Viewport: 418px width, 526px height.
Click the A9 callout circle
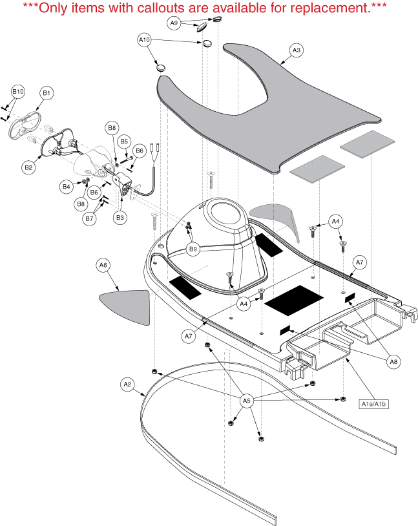pos(174,23)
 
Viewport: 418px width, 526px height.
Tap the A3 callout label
pos(296,50)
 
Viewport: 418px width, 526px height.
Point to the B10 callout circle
pos(18,92)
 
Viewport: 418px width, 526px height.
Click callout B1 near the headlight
pos(47,93)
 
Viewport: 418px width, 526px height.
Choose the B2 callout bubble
pos(28,167)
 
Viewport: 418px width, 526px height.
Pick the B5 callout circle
pos(125,141)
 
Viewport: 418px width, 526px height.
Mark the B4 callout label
pos(66,187)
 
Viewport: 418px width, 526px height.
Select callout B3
pos(120,218)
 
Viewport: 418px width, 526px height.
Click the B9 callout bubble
pos(193,249)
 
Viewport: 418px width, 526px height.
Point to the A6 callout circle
pos(103,265)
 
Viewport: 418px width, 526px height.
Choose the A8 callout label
pos(393,363)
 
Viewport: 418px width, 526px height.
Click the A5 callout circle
pos(246,400)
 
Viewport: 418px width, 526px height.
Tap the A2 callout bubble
pos(127,384)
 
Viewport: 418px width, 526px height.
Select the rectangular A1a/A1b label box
pos(377,405)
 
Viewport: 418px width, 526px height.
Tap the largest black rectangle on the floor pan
pos(293,297)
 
